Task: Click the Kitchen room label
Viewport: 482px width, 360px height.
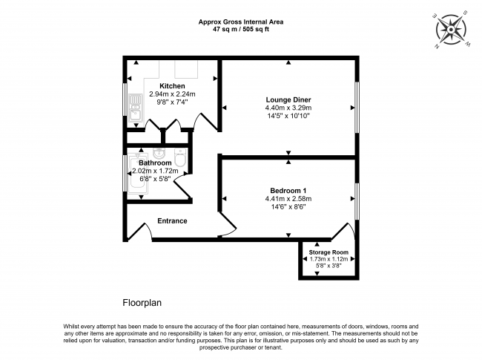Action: (162, 86)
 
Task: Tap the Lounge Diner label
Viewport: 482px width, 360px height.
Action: (288, 99)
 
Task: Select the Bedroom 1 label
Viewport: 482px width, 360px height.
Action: (288, 191)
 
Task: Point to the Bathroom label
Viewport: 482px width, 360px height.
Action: (156, 163)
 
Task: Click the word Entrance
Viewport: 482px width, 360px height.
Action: (172, 220)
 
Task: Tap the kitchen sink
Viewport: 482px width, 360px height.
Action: (135, 109)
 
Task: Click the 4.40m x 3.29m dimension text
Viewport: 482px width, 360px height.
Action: (288, 108)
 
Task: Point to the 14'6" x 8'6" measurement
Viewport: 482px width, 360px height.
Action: (288, 207)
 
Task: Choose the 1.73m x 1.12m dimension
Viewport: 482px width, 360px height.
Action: (327, 260)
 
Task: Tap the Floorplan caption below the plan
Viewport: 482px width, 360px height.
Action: (142, 303)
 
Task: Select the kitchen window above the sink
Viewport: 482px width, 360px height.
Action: (126, 96)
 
